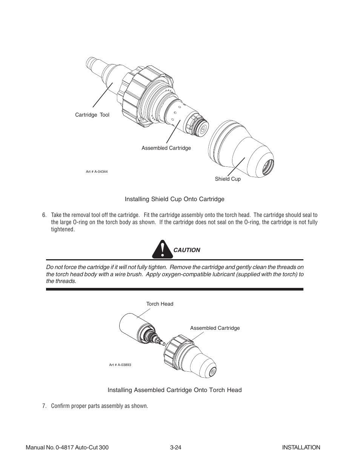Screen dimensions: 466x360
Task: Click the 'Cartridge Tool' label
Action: (x=92, y=115)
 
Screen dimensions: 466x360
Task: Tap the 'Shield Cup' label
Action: (x=228, y=179)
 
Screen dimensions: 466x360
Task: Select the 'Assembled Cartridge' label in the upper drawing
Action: (x=166, y=148)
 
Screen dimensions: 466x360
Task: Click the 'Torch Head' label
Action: (x=160, y=304)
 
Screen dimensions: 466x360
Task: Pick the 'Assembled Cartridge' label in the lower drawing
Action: (x=215, y=328)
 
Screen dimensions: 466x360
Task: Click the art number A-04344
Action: (x=97, y=172)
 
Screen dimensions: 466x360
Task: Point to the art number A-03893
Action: (x=120, y=365)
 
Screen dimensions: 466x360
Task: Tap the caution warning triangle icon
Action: (x=162, y=249)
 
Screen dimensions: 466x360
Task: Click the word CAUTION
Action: (x=187, y=250)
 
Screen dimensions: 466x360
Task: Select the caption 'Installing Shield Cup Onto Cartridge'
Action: (x=174, y=199)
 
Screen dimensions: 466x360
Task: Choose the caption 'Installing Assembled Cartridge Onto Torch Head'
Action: (x=174, y=390)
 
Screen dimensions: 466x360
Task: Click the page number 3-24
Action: (x=176, y=448)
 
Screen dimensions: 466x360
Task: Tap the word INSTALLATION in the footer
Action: (x=301, y=448)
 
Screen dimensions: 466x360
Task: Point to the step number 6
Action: (x=44, y=215)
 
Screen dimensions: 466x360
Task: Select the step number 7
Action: (x=44, y=406)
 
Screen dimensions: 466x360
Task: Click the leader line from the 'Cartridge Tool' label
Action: (x=103, y=95)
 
